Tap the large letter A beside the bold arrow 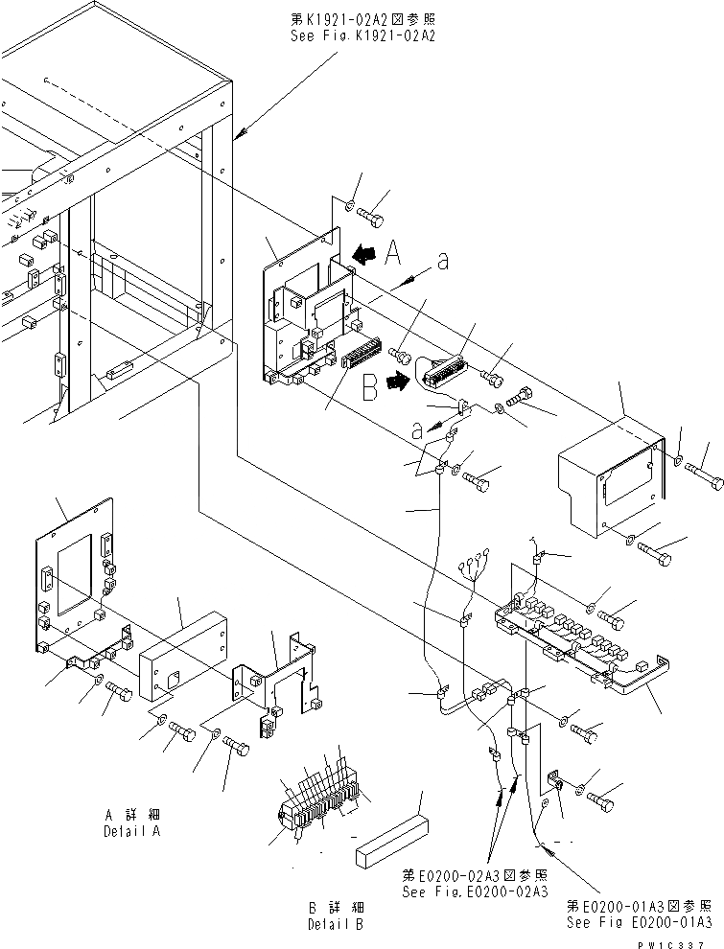point(393,253)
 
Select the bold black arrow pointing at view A point(363,254)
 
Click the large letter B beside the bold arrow point(368,390)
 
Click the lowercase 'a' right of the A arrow point(442,262)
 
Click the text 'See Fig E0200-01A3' point(639,923)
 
